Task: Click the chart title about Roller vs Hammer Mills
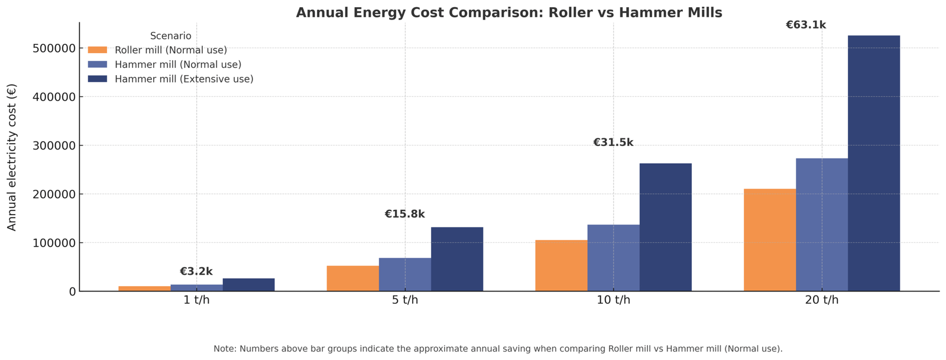pos(508,13)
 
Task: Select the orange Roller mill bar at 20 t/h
pos(769,239)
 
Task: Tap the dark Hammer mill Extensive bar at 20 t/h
pos(873,163)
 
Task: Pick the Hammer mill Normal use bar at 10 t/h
pos(613,258)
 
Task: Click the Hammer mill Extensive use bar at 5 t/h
pos(456,259)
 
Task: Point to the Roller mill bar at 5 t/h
pos(352,278)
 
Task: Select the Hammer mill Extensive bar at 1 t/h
pos(248,285)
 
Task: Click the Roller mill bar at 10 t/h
pos(561,265)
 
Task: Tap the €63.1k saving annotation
pos(805,25)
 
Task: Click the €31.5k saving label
pos(613,142)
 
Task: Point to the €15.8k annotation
pos(404,214)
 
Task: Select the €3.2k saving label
pos(196,271)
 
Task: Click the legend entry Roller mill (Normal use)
pos(171,50)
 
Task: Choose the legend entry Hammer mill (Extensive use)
pos(184,79)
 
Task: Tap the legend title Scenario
pos(170,36)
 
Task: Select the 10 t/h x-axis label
pos(613,300)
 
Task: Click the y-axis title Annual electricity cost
pos(12,157)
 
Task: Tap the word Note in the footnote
pos(225,349)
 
